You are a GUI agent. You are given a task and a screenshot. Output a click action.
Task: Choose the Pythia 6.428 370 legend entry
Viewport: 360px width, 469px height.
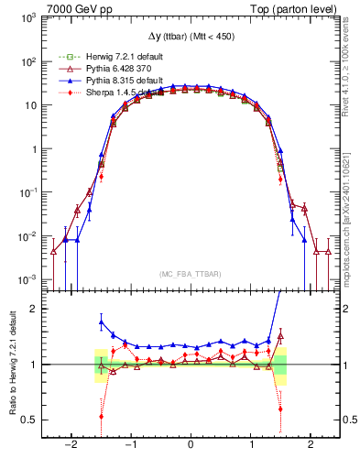click(102, 69)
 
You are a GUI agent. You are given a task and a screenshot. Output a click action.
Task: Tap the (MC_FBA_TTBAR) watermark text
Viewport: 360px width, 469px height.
click(191, 274)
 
